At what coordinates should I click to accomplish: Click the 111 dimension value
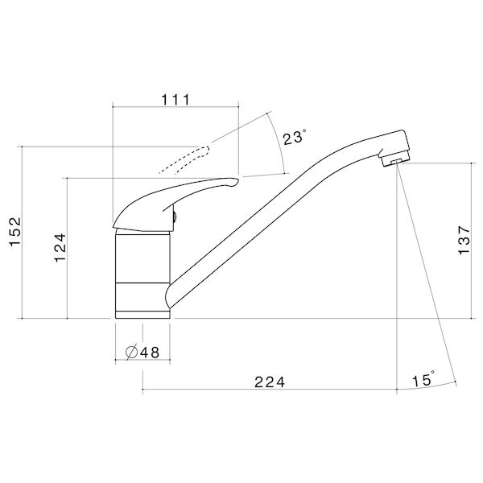pos(175,100)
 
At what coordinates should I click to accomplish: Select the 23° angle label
pos(294,138)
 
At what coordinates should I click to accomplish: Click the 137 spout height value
pos(463,240)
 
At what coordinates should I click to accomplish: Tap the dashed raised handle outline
pos(184,159)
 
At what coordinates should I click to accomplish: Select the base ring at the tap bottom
pos(143,312)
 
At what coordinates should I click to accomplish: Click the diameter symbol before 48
pos(131,351)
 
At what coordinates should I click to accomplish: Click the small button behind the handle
pos(173,215)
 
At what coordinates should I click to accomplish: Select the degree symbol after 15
pos(434,374)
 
